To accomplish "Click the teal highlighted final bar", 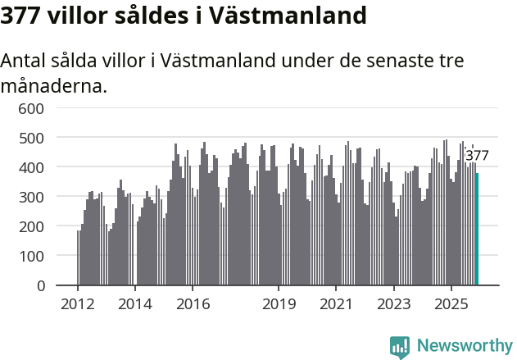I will click(x=477, y=230).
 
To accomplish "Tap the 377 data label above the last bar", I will click(x=477, y=156).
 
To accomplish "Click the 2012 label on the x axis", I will click(x=78, y=304).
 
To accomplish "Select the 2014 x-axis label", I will click(x=135, y=304).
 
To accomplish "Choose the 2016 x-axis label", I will click(x=193, y=304).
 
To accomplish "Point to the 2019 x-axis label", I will click(x=279, y=304).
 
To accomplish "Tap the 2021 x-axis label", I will click(x=336, y=304).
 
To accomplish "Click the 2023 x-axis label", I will click(x=393, y=304).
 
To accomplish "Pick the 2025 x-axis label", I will click(x=451, y=304).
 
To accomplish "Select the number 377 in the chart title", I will click(x=24, y=16).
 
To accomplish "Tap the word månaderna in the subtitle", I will click(x=54, y=85).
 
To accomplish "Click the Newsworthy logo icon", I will click(x=400, y=347).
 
